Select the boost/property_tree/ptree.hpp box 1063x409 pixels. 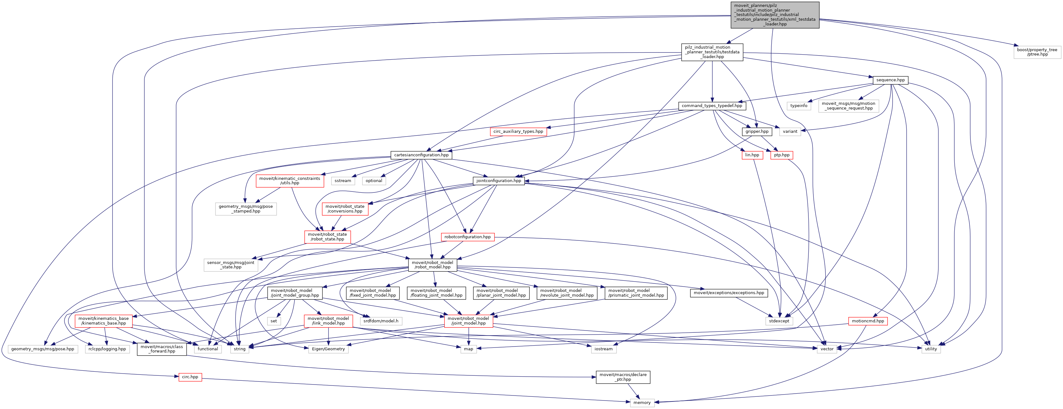pos(1037,52)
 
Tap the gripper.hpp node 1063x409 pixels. pos(757,132)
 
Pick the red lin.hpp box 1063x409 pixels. pos(752,155)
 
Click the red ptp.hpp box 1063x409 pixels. pos(782,155)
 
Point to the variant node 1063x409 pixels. pos(790,132)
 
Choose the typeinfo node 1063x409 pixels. pos(798,106)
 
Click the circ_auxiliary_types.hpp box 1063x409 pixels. pos(518,132)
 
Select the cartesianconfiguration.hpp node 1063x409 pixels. pos(421,155)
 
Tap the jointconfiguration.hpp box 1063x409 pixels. pos(499,181)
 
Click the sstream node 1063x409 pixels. pos(343,181)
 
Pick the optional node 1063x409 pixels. pos(374,181)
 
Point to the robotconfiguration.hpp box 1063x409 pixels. pos(467,237)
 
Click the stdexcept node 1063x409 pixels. pos(779,321)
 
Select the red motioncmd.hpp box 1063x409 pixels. pos(868,321)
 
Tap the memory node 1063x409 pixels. pos(642,403)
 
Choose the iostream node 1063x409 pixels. pos(603,349)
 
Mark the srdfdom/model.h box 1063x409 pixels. pos(380,321)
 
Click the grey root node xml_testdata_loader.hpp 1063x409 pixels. pos(774,15)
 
